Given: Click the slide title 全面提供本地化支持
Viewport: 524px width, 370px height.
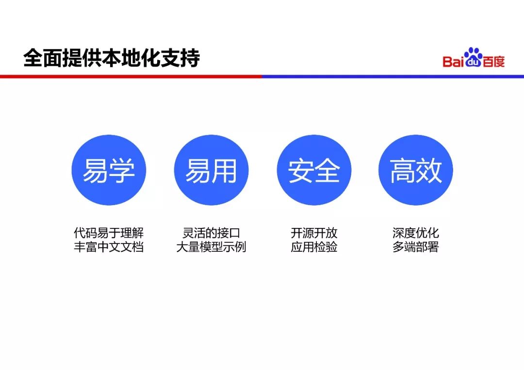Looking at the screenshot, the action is tap(112, 59).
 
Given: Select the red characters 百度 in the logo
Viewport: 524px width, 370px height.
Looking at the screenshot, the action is tap(493, 62).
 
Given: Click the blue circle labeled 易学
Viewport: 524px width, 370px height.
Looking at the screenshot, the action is tap(109, 170).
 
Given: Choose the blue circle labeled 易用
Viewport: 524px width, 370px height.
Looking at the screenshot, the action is tap(211, 170).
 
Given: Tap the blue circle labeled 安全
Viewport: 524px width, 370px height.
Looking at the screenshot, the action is tap(313, 170).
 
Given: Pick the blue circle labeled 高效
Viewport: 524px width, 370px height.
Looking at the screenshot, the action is tap(416, 170).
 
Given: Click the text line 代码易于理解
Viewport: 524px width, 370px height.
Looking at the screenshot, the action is tap(109, 233).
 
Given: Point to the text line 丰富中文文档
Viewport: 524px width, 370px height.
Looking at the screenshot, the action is tap(109, 247).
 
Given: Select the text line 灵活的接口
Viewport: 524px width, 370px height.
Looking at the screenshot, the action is tap(211, 233).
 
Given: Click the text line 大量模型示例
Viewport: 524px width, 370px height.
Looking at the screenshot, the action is tap(211, 247).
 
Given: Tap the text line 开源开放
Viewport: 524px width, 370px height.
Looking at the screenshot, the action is tap(314, 233).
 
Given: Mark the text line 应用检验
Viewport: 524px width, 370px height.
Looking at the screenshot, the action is tap(314, 247).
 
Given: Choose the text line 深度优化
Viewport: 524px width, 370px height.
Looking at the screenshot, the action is tap(416, 233).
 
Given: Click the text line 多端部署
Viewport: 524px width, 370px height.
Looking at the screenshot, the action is tap(416, 247).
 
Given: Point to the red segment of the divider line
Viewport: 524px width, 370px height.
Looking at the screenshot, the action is tap(131, 76).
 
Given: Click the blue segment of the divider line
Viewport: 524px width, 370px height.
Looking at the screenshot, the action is tap(393, 76).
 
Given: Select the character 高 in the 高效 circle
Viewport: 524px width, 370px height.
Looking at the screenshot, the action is tap(403, 171).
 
